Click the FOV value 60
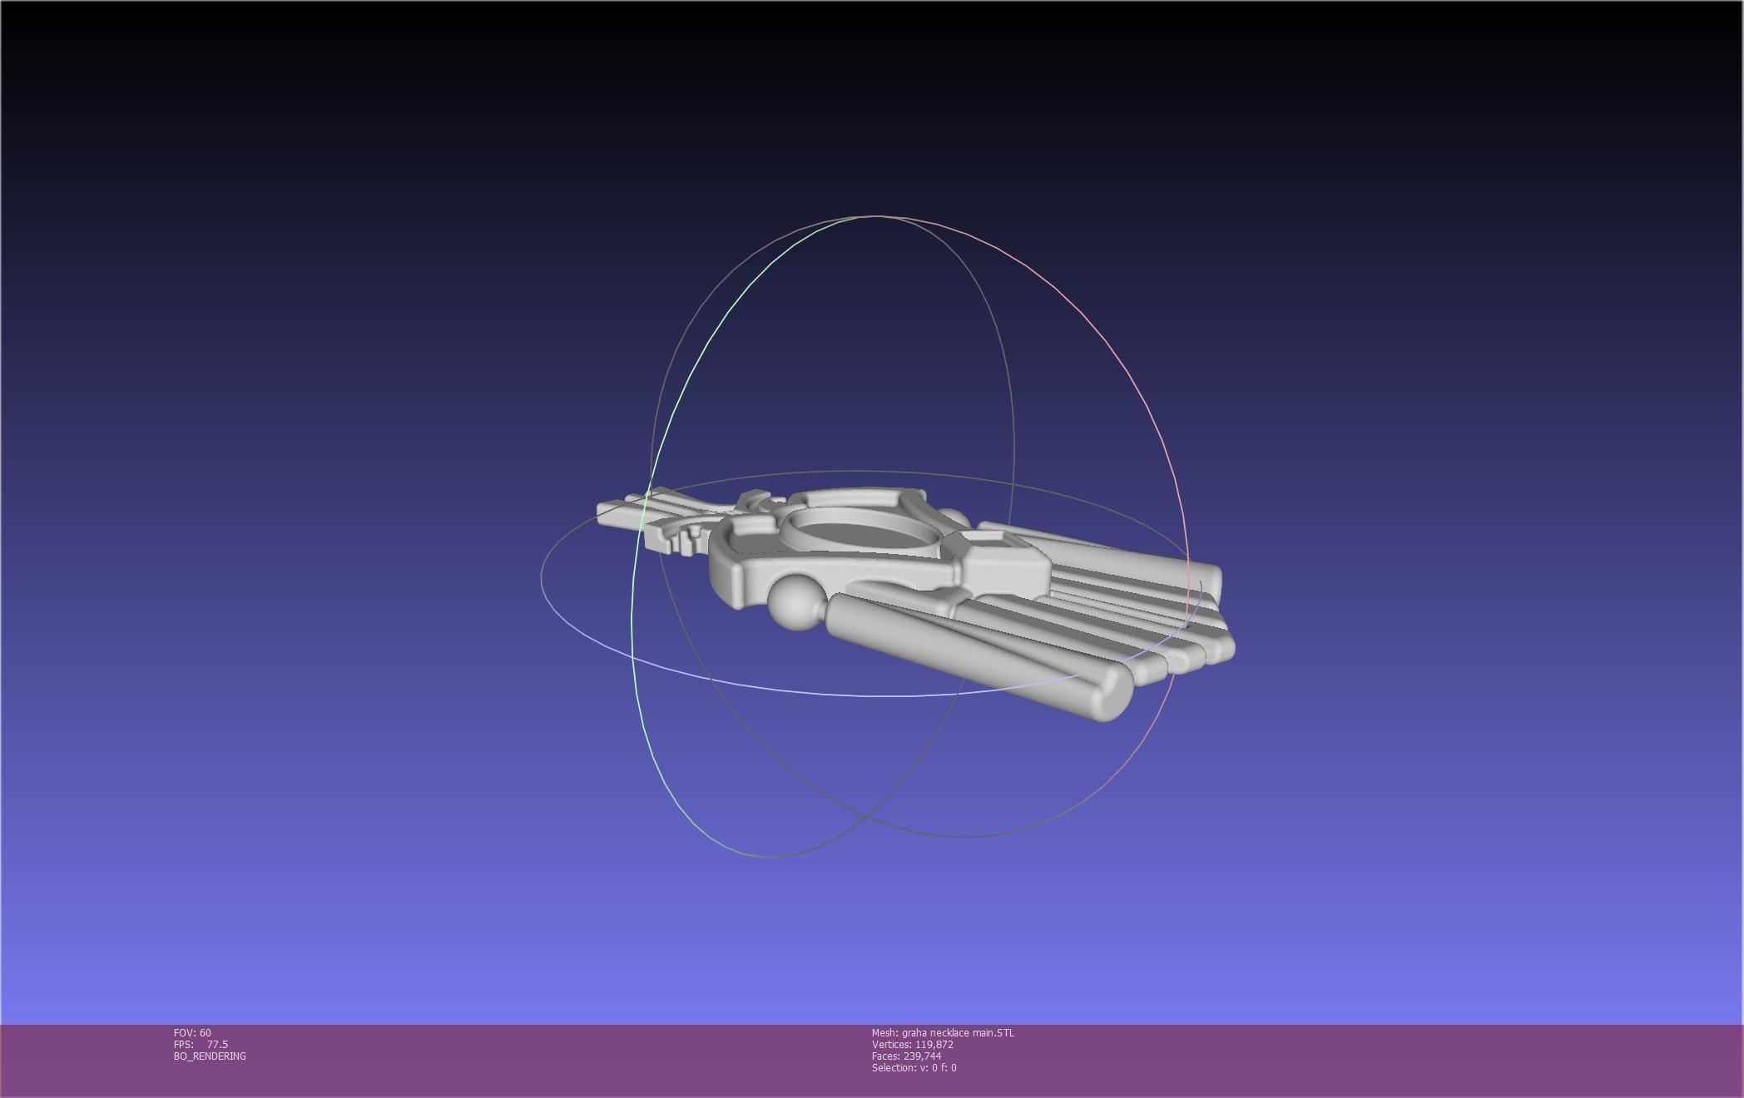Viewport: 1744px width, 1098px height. tap(205, 1033)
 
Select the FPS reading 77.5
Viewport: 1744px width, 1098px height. tap(217, 1045)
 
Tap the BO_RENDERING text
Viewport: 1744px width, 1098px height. tap(210, 1056)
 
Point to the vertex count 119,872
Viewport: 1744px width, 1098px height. tap(934, 1045)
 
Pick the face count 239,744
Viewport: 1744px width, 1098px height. tap(922, 1056)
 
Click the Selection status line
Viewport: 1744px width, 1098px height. tap(914, 1068)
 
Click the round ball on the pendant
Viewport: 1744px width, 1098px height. tap(796, 601)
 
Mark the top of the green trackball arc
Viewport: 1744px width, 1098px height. tap(857, 218)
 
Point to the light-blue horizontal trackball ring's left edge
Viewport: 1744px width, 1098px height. tap(543, 574)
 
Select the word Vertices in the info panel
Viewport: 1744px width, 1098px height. tap(890, 1045)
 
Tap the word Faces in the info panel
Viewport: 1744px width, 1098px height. tap(885, 1056)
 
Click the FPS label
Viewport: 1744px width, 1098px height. tap(183, 1045)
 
